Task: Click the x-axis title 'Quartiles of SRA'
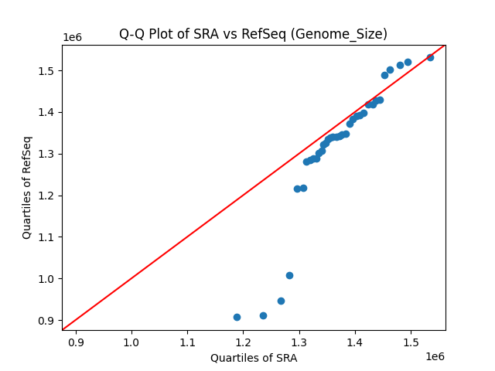point(254,358)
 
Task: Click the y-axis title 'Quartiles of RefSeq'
point(27,187)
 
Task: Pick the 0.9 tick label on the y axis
point(44,320)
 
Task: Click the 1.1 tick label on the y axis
point(44,237)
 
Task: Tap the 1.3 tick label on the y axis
point(44,154)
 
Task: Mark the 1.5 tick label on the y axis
point(44,71)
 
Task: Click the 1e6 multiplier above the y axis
point(72,38)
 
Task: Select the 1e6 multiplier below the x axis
point(434,356)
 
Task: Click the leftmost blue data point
point(237,317)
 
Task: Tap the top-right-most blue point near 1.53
point(430,57)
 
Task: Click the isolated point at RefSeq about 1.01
point(289,275)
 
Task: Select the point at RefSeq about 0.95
point(281,301)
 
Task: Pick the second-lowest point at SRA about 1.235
point(263,315)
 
